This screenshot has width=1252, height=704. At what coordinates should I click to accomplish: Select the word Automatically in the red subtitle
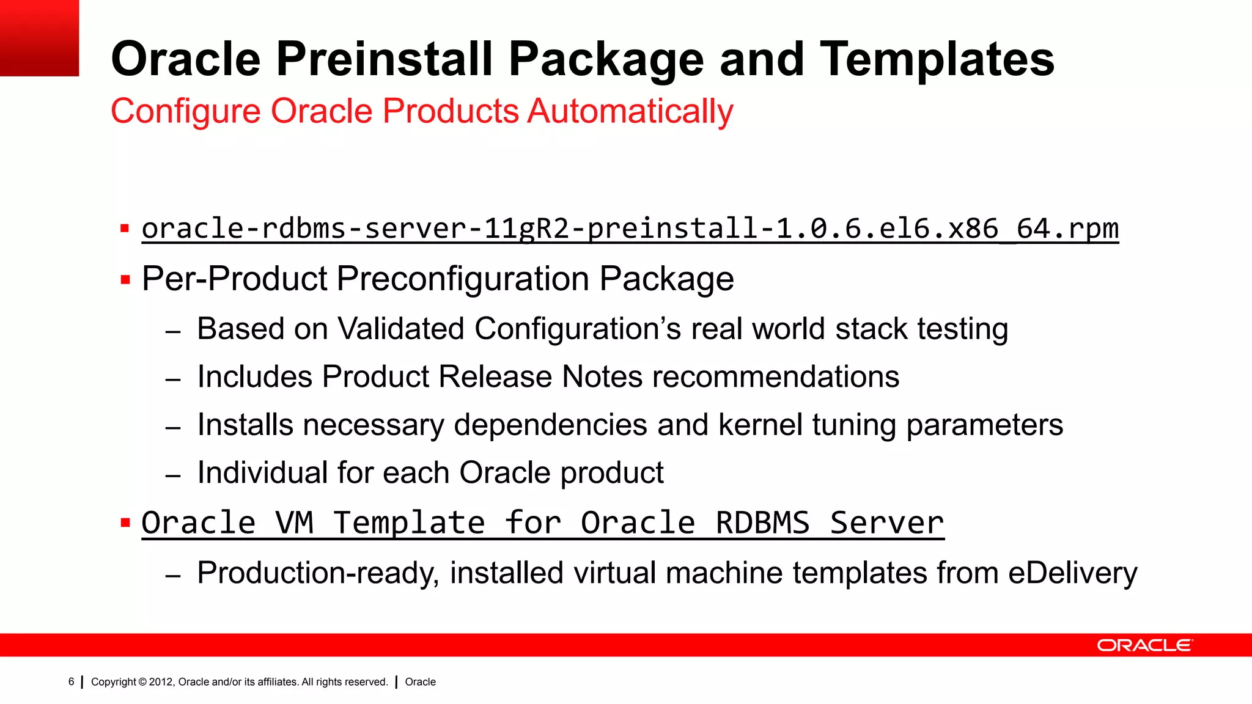point(630,112)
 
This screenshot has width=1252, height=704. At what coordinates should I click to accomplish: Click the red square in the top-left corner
point(39,38)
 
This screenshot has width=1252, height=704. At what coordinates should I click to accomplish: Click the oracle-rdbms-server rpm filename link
point(630,229)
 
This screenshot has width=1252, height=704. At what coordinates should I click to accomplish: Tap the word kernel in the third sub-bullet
point(760,425)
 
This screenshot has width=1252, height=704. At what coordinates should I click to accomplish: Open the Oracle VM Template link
point(542,524)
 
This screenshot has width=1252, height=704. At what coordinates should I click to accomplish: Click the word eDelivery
point(1072,573)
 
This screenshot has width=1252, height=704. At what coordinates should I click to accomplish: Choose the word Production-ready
point(318,573)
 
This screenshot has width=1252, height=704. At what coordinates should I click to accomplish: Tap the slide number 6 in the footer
point(71,682)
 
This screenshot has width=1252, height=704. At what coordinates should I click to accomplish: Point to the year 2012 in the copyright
point(161,682)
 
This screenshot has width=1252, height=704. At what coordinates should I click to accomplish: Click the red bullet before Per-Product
point(125,280)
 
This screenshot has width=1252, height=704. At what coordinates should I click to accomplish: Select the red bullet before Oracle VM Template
point(125,523)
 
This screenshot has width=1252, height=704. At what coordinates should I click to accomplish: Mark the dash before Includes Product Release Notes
point(173,380)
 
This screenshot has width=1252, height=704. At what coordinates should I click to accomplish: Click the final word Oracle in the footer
point(420,682)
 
